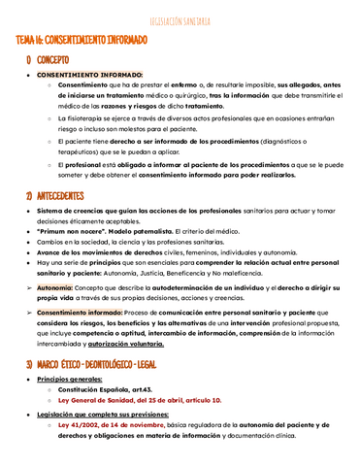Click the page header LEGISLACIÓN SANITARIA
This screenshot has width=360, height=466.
click(x=180, y=19)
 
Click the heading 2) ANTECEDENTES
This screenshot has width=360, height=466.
click(x=64, y=195)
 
